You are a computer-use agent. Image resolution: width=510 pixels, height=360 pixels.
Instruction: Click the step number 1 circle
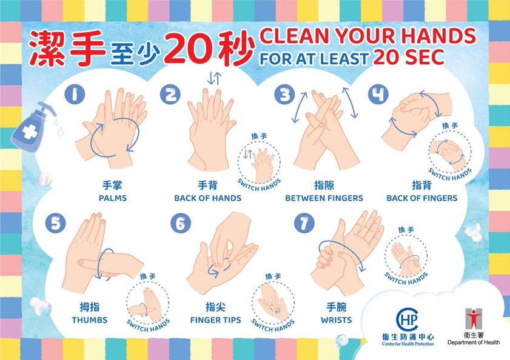(x=75, y=95)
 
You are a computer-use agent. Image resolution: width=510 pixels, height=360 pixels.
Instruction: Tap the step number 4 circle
(x=378, y=95)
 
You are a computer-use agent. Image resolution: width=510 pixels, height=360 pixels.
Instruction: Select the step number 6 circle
(x=181, y=223)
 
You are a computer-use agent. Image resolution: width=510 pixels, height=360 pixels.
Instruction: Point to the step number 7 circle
(x=304, y=223)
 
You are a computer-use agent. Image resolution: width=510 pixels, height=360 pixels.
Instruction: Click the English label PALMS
(x=113, y=198)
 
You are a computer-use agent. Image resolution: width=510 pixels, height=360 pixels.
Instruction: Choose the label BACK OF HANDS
(x=207, y=198)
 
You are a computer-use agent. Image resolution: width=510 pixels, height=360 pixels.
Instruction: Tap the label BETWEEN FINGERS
(x=324, y=198)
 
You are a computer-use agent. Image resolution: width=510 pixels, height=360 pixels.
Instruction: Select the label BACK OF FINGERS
(x=422, y=198)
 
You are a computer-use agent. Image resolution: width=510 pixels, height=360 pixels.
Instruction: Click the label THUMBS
(x=90, y=320)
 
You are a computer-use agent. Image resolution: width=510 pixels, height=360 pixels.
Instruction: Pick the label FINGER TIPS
(x=216, y=320)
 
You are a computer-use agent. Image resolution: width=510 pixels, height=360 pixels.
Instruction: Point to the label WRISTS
(x=337, y=320)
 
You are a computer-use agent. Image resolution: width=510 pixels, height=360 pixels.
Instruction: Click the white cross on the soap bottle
(x=30, y=132)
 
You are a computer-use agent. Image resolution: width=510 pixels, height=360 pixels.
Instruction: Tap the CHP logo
(x=407, y=319)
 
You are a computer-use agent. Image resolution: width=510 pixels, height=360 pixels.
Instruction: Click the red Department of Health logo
(x=473, y=319)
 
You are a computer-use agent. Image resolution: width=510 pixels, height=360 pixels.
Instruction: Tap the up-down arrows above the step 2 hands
(x=214, y=78)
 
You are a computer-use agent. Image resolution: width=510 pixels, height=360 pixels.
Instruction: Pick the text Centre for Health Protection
(x=408, y=344)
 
